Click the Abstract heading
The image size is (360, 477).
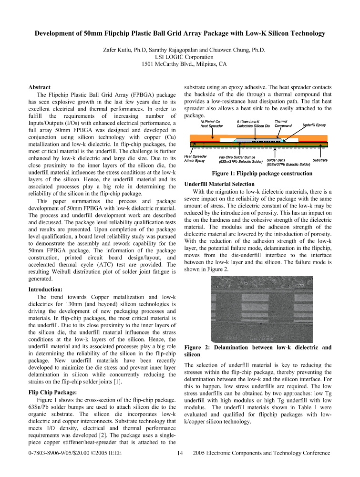click(x=40, y=88)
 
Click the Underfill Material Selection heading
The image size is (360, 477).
click(x=219, y=184)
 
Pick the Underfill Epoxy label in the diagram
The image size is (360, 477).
click(x=314, y=125)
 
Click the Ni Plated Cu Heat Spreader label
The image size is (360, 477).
click(x=212, y=124)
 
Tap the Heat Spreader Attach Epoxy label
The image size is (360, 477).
click(x=195, y=158)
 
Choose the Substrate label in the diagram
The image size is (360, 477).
click(x=320, y=160)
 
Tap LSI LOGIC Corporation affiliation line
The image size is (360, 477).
click(x=179, y=57)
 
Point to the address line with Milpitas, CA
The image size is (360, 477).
click(x=179, y=64)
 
